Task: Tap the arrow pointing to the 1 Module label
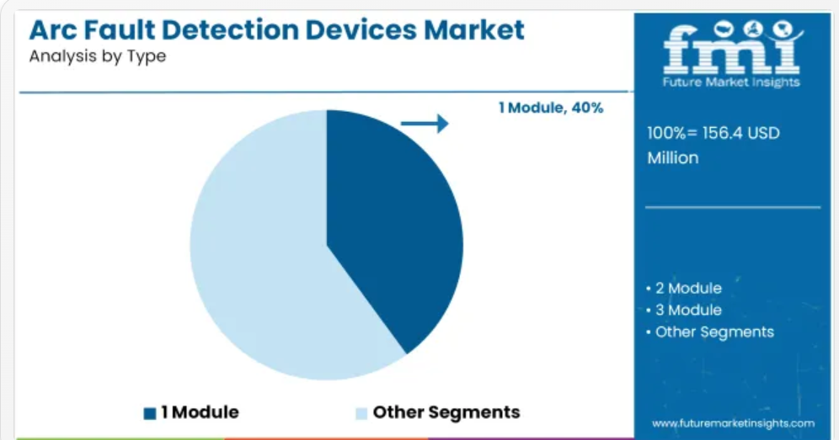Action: coord(425,124)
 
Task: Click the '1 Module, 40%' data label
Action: coord(551,108)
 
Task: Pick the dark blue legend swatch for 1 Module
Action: coord(150,413)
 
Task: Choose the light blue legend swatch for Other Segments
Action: coord(361,413)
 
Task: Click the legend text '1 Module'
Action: coord(200,412)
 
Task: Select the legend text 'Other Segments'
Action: coord(446,412)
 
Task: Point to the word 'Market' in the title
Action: coord(474,30)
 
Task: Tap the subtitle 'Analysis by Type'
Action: coord(98,56)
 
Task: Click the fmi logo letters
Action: coord(732,50)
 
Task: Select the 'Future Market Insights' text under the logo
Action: coord(731,82)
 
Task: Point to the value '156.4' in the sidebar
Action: coord(722,133)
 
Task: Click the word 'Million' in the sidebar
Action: coord(673,157)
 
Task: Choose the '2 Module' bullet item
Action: coord(684,289)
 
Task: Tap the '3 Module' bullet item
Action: coord(684,310)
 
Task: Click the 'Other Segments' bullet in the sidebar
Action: coord(710,332)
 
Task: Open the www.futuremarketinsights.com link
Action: coord(733,424)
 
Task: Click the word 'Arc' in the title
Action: coord(53,30)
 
